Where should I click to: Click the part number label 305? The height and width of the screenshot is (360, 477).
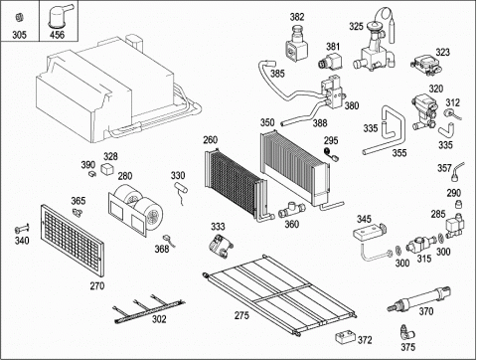point(19,35)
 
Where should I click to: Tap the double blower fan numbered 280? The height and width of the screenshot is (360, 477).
point(135,209)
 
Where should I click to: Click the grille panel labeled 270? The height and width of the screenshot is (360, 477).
point(72,241)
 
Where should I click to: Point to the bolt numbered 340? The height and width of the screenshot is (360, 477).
point(22,229)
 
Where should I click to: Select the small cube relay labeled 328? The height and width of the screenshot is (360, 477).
point(108,168)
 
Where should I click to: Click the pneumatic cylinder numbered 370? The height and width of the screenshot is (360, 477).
point(419,298)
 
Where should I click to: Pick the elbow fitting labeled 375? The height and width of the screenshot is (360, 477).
point(405,331)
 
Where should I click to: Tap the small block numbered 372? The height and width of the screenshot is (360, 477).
point(345,337)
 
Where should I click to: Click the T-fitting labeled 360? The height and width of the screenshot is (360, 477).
point(291,210)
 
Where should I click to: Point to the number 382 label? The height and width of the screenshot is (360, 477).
point(297,17)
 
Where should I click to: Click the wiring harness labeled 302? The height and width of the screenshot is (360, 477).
point(149,310)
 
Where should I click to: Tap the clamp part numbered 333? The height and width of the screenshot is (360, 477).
point(221,246)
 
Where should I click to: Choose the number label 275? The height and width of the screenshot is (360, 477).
point(241,315)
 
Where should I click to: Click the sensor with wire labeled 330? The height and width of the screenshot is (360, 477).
point(181,191)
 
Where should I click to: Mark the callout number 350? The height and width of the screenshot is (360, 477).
point(267,122)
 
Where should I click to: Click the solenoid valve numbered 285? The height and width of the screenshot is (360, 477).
point(454,227)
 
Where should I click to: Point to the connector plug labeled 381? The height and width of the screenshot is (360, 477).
point(330,61)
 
